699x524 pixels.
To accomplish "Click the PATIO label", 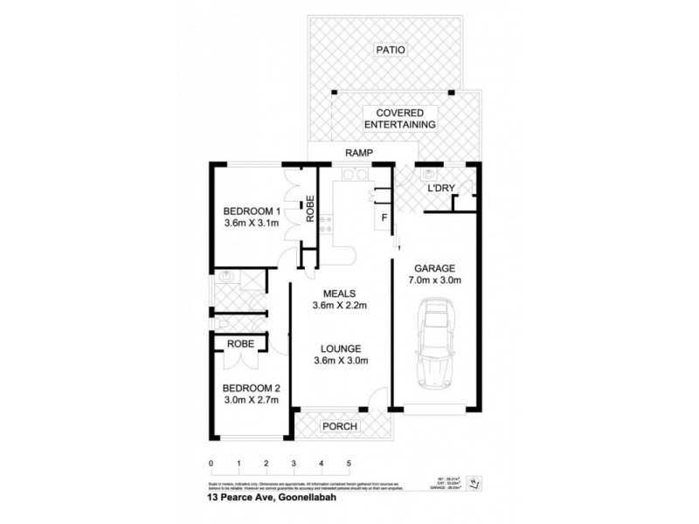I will click(x=392, y=50).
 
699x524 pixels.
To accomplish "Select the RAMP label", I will click(x=359, y=154).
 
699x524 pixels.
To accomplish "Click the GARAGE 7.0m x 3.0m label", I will click(x=434, y=273).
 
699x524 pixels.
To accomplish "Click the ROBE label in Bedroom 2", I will click(x=240, y=344).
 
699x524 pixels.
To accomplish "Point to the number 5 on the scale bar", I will click(x=349, y=463).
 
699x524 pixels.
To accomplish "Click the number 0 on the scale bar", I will click(x=211, y=463).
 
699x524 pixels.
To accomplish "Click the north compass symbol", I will click(x=474, y=481).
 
